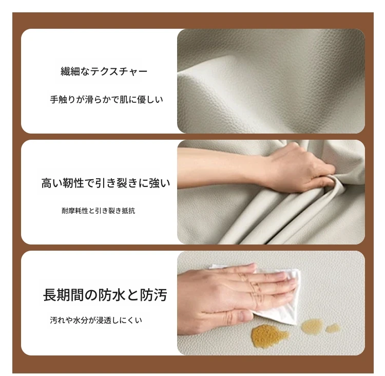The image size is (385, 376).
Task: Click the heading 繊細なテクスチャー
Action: (104, 71)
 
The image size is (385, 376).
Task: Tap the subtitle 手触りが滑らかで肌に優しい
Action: (106, 100)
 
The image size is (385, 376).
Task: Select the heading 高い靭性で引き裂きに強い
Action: (106, 183)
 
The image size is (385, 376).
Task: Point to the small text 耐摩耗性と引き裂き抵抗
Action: (98, 211)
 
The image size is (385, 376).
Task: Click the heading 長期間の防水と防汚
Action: (105, 295)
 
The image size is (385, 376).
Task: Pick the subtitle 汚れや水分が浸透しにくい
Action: (96, 320)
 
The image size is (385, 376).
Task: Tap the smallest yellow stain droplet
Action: (333, 328)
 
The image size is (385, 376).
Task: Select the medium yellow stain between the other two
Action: (312, 326)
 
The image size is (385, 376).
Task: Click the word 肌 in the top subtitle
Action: (123, 100)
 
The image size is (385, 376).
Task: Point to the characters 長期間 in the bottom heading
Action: (64, 295)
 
